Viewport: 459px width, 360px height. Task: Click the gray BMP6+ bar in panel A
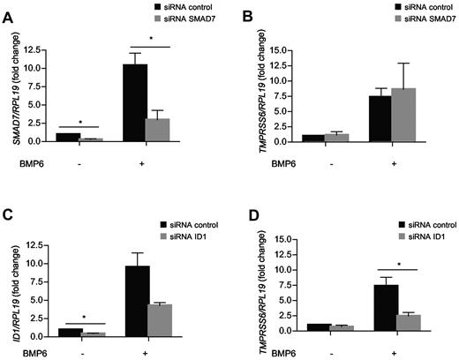[x=157, y=129]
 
